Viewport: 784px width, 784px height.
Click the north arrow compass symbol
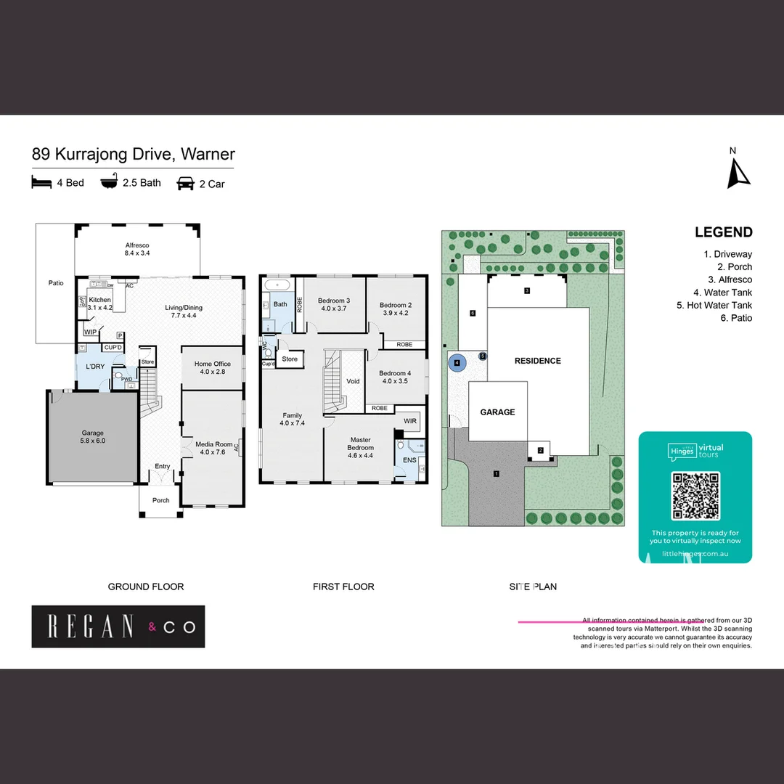point(738,172)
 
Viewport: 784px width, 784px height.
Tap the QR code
point(695,496)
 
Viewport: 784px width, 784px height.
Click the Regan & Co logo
point(118,626)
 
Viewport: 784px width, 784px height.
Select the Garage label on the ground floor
point(93,436)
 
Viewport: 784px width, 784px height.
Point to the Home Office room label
point(212,367)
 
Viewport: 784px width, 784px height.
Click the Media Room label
point(213,448)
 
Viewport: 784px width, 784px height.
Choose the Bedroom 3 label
point(334,304)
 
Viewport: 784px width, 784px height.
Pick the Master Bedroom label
point(360,444)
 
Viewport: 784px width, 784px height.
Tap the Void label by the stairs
point(353,381)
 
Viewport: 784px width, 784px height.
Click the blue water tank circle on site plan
point(457,362)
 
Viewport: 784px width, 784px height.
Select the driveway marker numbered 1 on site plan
point(497,474)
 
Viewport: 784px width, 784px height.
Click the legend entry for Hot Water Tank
point(714,306)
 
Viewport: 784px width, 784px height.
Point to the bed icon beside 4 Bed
point(41,182)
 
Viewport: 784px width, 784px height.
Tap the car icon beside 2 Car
point(186,184)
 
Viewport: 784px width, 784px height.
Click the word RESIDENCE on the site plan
point(537,361)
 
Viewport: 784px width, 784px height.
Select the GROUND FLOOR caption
point(146,587)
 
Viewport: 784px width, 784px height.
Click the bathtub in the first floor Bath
point(277,285)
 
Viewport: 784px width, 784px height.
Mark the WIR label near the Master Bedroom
point(409,420)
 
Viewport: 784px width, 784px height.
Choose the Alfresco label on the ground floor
point(137,249)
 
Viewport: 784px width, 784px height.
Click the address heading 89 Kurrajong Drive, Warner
point(134,154)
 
